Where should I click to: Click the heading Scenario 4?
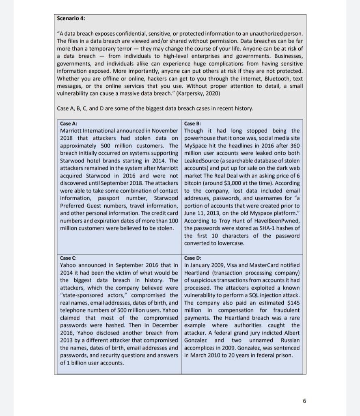(71, 19)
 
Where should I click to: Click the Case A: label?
(69, 123)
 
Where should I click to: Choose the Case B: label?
(192, 123)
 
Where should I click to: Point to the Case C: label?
(69, 258)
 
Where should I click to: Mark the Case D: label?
(193, 258)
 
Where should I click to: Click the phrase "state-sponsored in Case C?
(80, 295)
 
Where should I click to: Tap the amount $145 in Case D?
(292, 303)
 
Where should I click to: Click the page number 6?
(304, 401)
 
